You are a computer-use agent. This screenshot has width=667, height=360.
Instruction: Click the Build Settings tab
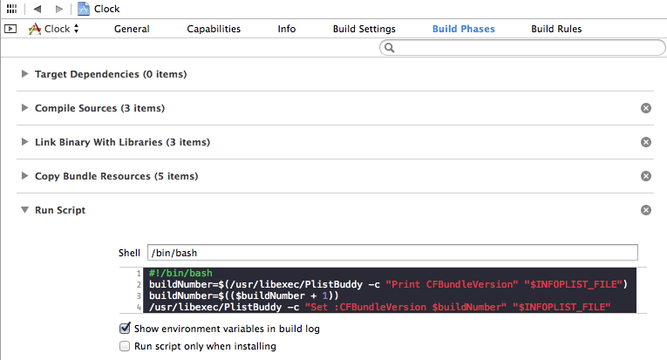[x=364, y=29]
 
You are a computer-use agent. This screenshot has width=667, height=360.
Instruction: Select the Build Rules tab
[x=556, y=29]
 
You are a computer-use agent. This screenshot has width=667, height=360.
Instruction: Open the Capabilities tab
[x=214, y=29]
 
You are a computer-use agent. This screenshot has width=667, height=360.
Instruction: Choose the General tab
[x=132, y=29]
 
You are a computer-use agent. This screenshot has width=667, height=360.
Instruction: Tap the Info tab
[x=287, y=29]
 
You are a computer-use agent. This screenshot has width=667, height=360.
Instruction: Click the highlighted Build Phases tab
[x=464, y=29]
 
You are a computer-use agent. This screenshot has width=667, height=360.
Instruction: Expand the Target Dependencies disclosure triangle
[x=24, y=74]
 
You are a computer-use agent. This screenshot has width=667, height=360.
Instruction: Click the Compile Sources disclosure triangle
[x=24, y=108]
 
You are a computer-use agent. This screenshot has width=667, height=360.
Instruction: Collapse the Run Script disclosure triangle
[x=25, y=210]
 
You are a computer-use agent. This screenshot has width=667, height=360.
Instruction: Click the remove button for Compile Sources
[x=646, y=108]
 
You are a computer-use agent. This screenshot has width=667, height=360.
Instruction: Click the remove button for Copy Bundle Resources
[x=646, y=176]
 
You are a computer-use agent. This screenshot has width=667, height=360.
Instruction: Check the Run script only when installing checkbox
[x=125, y=346]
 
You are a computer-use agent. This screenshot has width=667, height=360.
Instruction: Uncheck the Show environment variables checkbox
[x=125, y=328]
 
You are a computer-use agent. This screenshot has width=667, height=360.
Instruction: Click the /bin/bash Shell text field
[x=392, y=253]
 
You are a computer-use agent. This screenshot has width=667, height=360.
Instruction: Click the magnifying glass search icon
[x=389, y=48]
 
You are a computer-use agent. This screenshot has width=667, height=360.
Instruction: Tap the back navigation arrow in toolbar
[x=37, y=9]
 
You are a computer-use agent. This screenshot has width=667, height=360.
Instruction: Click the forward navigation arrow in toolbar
[x=59, y=9]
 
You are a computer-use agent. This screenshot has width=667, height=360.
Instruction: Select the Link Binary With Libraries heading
[x=123, y=142]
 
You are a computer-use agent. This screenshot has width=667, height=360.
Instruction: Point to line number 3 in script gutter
[x=139, y=295]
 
